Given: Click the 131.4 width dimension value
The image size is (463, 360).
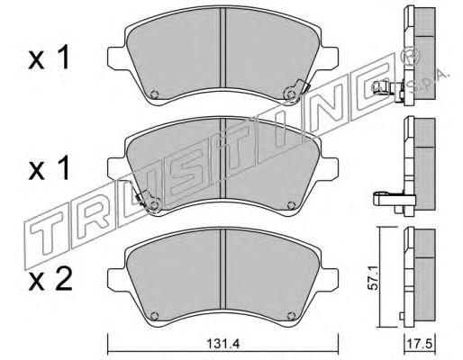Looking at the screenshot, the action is point(222,344).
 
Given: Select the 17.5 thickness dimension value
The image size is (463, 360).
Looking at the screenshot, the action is point(419,344).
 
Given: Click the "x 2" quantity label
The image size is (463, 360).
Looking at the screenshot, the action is point(50,280).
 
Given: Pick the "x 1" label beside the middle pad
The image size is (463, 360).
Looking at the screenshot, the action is point(49,168).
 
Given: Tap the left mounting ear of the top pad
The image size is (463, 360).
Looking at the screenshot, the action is point(115,58).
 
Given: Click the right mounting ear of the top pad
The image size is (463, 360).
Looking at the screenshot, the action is point(330,58).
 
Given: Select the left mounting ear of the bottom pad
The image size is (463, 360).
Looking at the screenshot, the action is point(115,279).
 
